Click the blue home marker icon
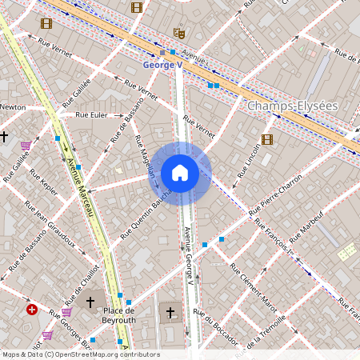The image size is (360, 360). point(180,173)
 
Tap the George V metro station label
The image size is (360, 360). point(163,65)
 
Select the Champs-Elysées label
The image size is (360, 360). point(293,106)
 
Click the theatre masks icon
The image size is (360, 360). point(179,33)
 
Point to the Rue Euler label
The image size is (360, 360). point(91,115)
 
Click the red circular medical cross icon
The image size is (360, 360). point(31,309)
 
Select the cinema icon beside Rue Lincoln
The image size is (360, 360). point(267,140)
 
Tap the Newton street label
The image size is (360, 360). point(13,106)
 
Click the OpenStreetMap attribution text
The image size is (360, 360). point(80,354)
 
